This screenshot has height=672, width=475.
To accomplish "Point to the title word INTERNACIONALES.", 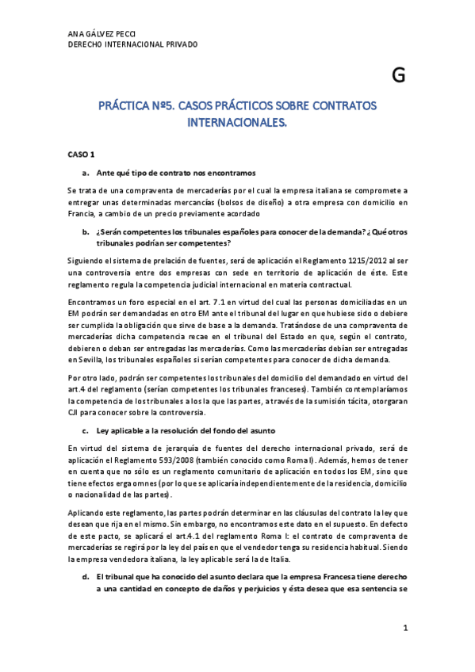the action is click(x=237, y=123).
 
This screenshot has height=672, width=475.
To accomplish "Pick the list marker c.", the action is click(x=85, y=430).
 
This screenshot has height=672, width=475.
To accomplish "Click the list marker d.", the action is click(x=85, y=578).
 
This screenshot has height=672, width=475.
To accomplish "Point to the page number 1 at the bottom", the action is click(x=404, y=628).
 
